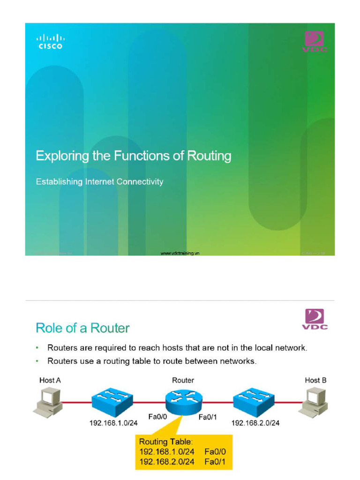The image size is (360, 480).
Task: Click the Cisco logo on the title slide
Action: coord(50,41)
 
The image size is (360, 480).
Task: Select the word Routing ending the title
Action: coord(209,156)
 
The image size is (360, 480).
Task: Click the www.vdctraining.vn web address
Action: coord(180,253)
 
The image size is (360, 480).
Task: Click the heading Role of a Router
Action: coord(82,328)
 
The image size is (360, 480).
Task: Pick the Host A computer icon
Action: coord(47,401)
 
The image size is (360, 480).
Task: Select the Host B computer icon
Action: coord(314,401)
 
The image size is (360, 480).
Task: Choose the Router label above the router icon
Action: coord(183,380)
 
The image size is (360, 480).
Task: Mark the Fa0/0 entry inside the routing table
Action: coord(214,452)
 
